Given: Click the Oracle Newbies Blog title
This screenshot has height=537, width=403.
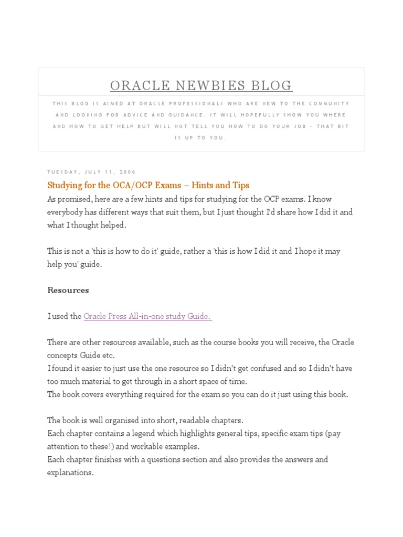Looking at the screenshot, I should click(201, 85).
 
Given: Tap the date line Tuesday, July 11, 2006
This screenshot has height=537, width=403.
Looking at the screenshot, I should click(91, 172).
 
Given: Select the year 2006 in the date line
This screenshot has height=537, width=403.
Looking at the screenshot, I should click(127, 172).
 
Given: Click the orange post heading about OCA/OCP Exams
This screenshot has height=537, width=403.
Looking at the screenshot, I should click(148, 185).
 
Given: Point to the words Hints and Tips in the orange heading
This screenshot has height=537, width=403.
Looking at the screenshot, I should click(220, 185).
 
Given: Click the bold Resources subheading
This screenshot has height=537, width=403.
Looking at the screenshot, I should click(68, 290).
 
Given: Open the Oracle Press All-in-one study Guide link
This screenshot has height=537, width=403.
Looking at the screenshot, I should click(147, 316).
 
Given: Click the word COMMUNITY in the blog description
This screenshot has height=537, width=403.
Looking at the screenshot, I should click(328, 103).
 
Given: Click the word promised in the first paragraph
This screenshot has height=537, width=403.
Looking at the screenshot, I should click(73, 199).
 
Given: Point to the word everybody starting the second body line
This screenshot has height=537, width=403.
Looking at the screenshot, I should click(65, 212).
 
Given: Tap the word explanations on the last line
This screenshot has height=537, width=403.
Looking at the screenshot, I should click(70, 472).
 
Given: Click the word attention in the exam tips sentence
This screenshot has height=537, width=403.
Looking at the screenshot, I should click(63, 447).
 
